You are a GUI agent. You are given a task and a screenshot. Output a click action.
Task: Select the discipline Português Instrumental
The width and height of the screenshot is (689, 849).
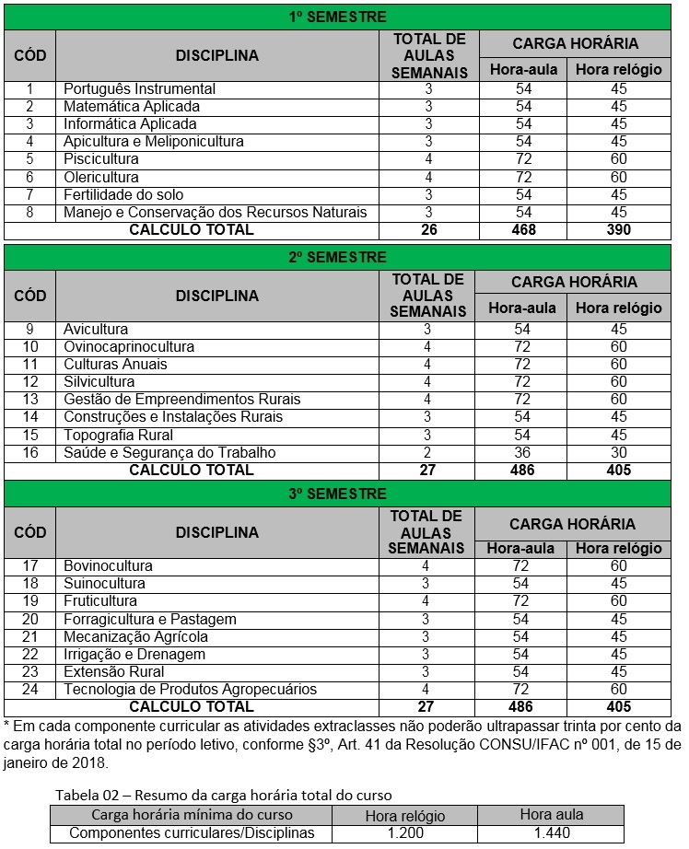click(139, 89)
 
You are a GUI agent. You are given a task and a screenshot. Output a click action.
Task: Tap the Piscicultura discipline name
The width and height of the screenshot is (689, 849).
click(101, 159)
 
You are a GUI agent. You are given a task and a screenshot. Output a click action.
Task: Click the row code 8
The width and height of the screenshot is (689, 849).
click(29, 212)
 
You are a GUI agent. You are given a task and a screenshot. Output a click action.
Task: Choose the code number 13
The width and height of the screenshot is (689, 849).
click(29, 400)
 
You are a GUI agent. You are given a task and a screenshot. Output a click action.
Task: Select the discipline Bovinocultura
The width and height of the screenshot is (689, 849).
click(108, 566)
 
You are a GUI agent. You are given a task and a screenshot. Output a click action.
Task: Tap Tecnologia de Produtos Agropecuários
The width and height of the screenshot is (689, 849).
click(190, 689)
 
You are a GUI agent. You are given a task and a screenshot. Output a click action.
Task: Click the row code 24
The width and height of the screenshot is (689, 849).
click(29, 689)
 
